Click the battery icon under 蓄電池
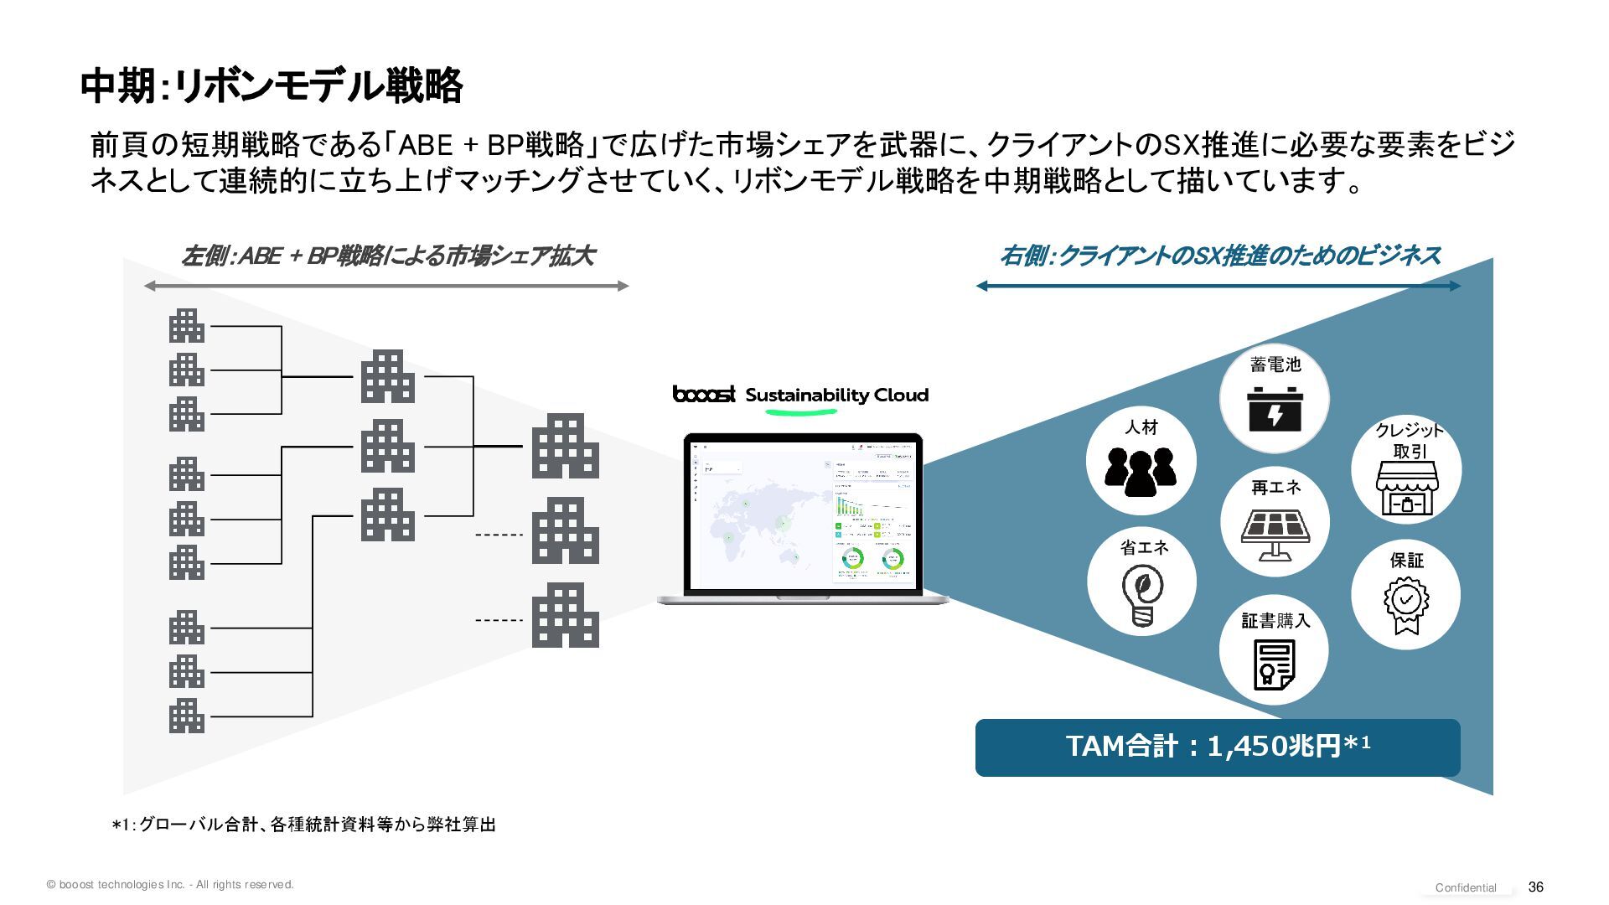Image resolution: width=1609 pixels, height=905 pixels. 1275,410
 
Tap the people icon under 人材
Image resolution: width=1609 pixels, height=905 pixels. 1140,471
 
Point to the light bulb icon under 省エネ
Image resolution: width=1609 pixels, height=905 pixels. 1142,594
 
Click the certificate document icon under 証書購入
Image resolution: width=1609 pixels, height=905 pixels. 1274,665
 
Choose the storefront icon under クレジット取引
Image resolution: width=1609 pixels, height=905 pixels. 1407,489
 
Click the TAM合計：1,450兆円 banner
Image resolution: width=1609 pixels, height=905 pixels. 1218,747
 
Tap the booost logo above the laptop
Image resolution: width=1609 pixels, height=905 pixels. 704,394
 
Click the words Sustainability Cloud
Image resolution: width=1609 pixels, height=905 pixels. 836,396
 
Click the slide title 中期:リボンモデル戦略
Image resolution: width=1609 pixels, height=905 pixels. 272,86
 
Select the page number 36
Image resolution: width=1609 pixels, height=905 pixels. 1535,887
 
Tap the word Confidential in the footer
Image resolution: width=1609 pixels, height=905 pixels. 1466,887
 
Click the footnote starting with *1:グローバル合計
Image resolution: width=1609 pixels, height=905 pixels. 304,825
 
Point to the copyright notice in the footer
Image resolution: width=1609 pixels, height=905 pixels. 170,884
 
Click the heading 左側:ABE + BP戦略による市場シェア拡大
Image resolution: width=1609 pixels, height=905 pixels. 387,256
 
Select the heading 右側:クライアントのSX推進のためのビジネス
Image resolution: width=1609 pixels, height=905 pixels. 1219,256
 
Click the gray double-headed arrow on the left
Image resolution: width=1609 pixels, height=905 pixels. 386,287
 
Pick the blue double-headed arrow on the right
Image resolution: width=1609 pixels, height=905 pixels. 1218,286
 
